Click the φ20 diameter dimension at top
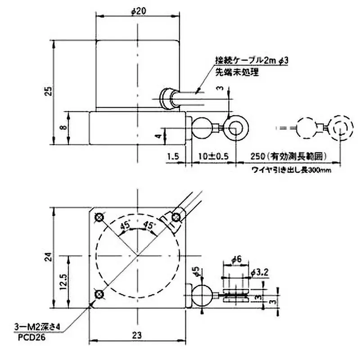pyautogui.click(x=139, y=12)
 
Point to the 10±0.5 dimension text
pyautogui.click(x=213, y=157)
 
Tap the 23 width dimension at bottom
pyautogui.click(x=138, y=335)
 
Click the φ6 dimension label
pyautogui.click(x=237, y=259)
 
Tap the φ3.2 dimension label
pyautogui.click(x=260, y=272)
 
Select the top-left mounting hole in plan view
pyautogui.click(x=99, y=218)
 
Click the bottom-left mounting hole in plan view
pyautogui.click(x=99, y=294)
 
